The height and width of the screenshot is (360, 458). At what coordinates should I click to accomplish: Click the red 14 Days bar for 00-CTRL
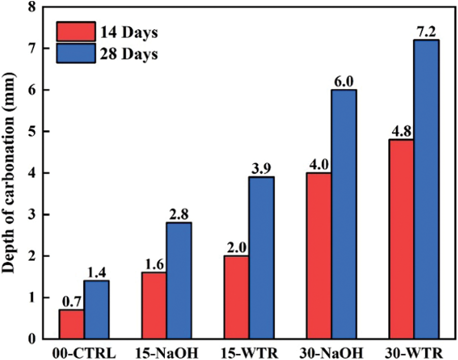click(71, 324)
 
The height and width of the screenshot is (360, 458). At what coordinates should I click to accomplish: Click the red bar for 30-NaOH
click(319, 256)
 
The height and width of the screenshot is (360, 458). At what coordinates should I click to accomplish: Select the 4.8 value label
click(400, 131)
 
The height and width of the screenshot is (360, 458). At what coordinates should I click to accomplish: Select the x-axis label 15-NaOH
click(166, 352)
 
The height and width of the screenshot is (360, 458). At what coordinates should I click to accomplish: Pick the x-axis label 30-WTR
click(413, 352)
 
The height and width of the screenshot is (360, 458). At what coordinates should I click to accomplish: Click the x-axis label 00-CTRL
click(84, 352)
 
